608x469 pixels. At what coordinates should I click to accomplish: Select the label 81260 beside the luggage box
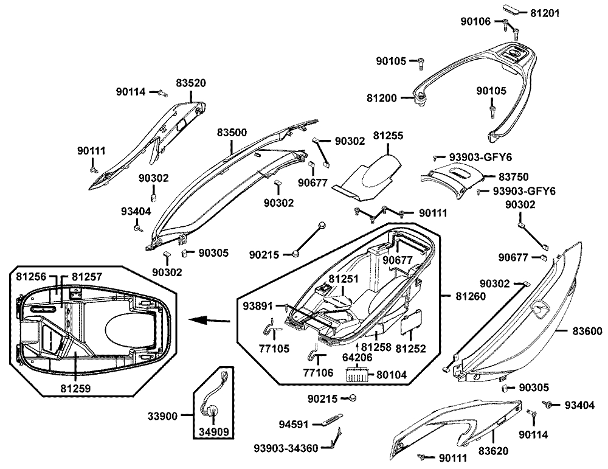pos(471,296)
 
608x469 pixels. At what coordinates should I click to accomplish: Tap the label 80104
pos(393,375)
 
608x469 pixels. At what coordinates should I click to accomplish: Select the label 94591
pos(294,423)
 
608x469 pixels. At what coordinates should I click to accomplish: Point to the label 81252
pos(410,349)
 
